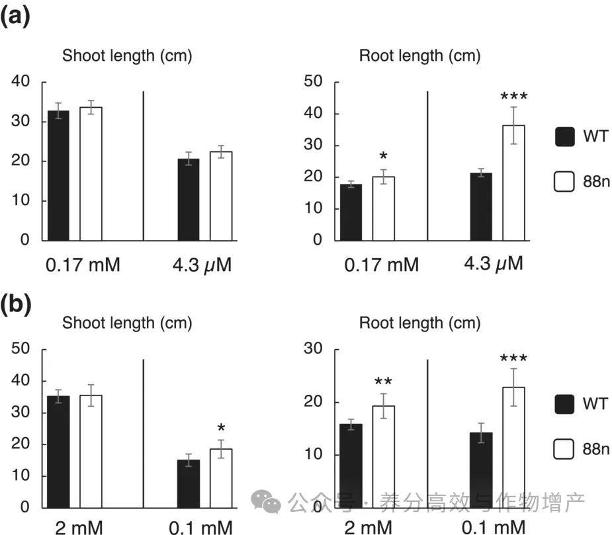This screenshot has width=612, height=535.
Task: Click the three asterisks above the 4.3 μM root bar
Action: (x=513, y=98)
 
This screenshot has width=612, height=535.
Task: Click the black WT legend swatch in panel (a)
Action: (x=564, y=138)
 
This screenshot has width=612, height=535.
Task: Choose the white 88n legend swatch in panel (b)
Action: (x=564, y=450)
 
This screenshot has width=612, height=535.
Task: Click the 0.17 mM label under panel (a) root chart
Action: (x=381, y=266)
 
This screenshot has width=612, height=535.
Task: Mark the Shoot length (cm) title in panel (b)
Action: (x=127, y=323)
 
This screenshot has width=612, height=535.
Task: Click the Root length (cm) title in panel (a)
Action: (x=419, y=56)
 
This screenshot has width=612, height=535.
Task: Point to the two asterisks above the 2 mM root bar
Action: (x=383, y=382)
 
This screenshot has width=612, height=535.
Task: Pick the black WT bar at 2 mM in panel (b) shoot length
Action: (x=58, y=452)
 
